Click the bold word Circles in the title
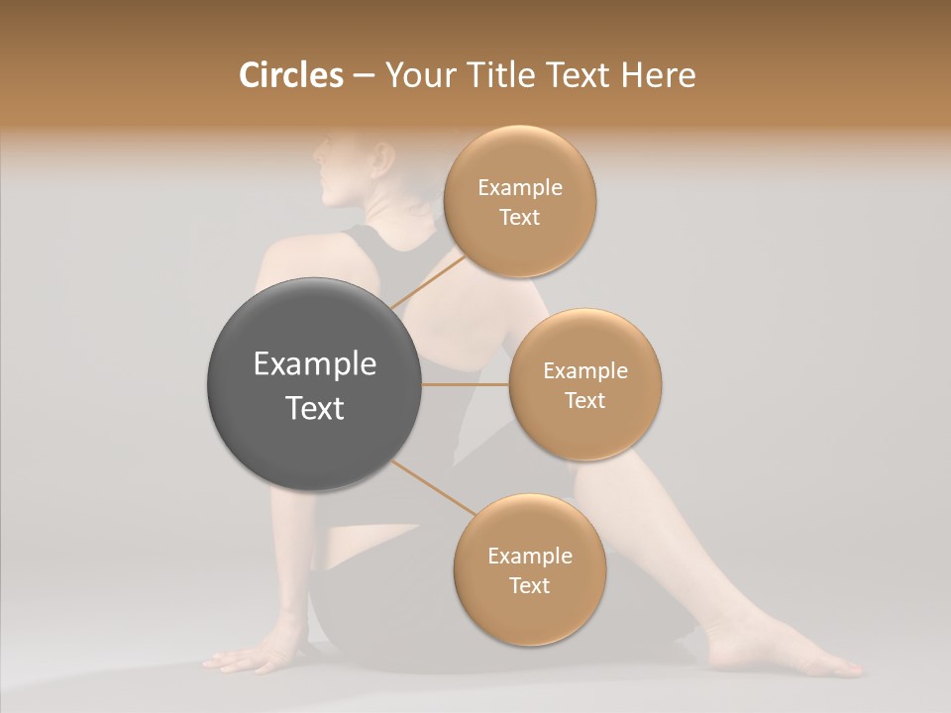(290, 75)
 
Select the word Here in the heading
(658, 75)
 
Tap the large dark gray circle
(314, 385)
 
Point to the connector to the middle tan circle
(465, 384)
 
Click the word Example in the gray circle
(314, 364)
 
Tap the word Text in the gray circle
(314, 408)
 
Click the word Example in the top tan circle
(519, 188)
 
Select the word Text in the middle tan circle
(584, 401)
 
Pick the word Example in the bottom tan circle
(529, 557)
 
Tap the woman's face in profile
(332, 168)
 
